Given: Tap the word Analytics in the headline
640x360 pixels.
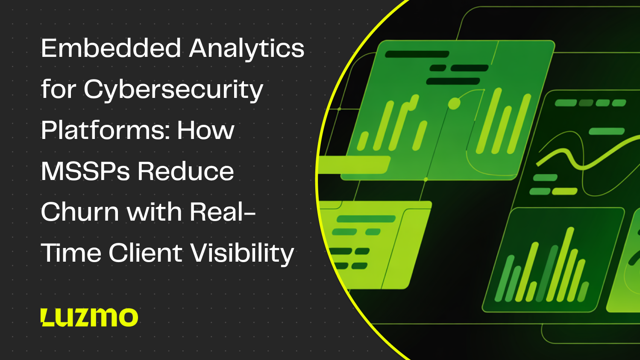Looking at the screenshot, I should [x=247, y=49].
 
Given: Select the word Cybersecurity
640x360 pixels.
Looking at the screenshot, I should [x=173, y=90].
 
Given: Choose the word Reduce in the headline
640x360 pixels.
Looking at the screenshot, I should [x=185, y=171].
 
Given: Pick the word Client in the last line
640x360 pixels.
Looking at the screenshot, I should [x=145, y=253].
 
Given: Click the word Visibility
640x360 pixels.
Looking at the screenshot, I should [x=242, y=253].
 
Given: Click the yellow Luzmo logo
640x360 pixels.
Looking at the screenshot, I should [x=89, y=317].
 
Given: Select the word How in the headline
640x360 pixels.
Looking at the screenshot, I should [x=206, y=130].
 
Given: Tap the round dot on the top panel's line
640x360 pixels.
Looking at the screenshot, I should [x=454, y=103].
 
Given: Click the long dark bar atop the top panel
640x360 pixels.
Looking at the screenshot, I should [x=417, y=54].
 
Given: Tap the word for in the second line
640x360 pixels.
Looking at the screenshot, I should [x=58, y=89].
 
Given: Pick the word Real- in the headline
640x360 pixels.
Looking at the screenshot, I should [x=222, y=212].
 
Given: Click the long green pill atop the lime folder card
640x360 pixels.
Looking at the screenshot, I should [x=366, y=219].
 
